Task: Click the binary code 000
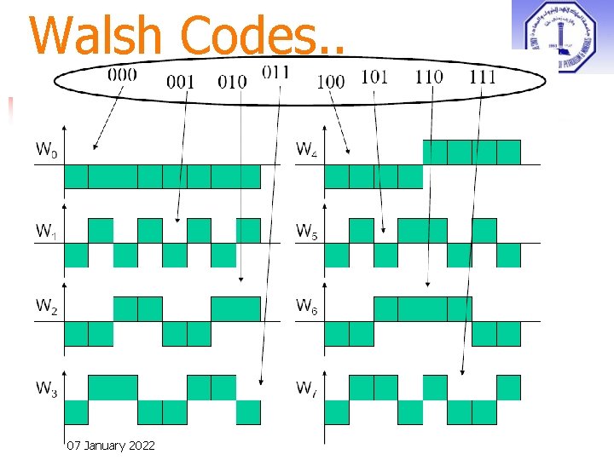[x=122, y=74]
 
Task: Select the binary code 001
[x=180, y=83]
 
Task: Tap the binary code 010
[x=232, y=83]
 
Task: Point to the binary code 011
[x=275, y=72]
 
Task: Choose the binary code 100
[x=330, y=82]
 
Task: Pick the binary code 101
[x=375, y=77]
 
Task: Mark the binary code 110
[x=429, y=77]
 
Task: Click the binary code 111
[x=483, y=77]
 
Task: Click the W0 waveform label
[x=47, y=151]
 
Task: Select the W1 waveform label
[x=47, y=231]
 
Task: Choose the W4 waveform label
[x=307, y=151]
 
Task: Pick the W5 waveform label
[x=307, y=231]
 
